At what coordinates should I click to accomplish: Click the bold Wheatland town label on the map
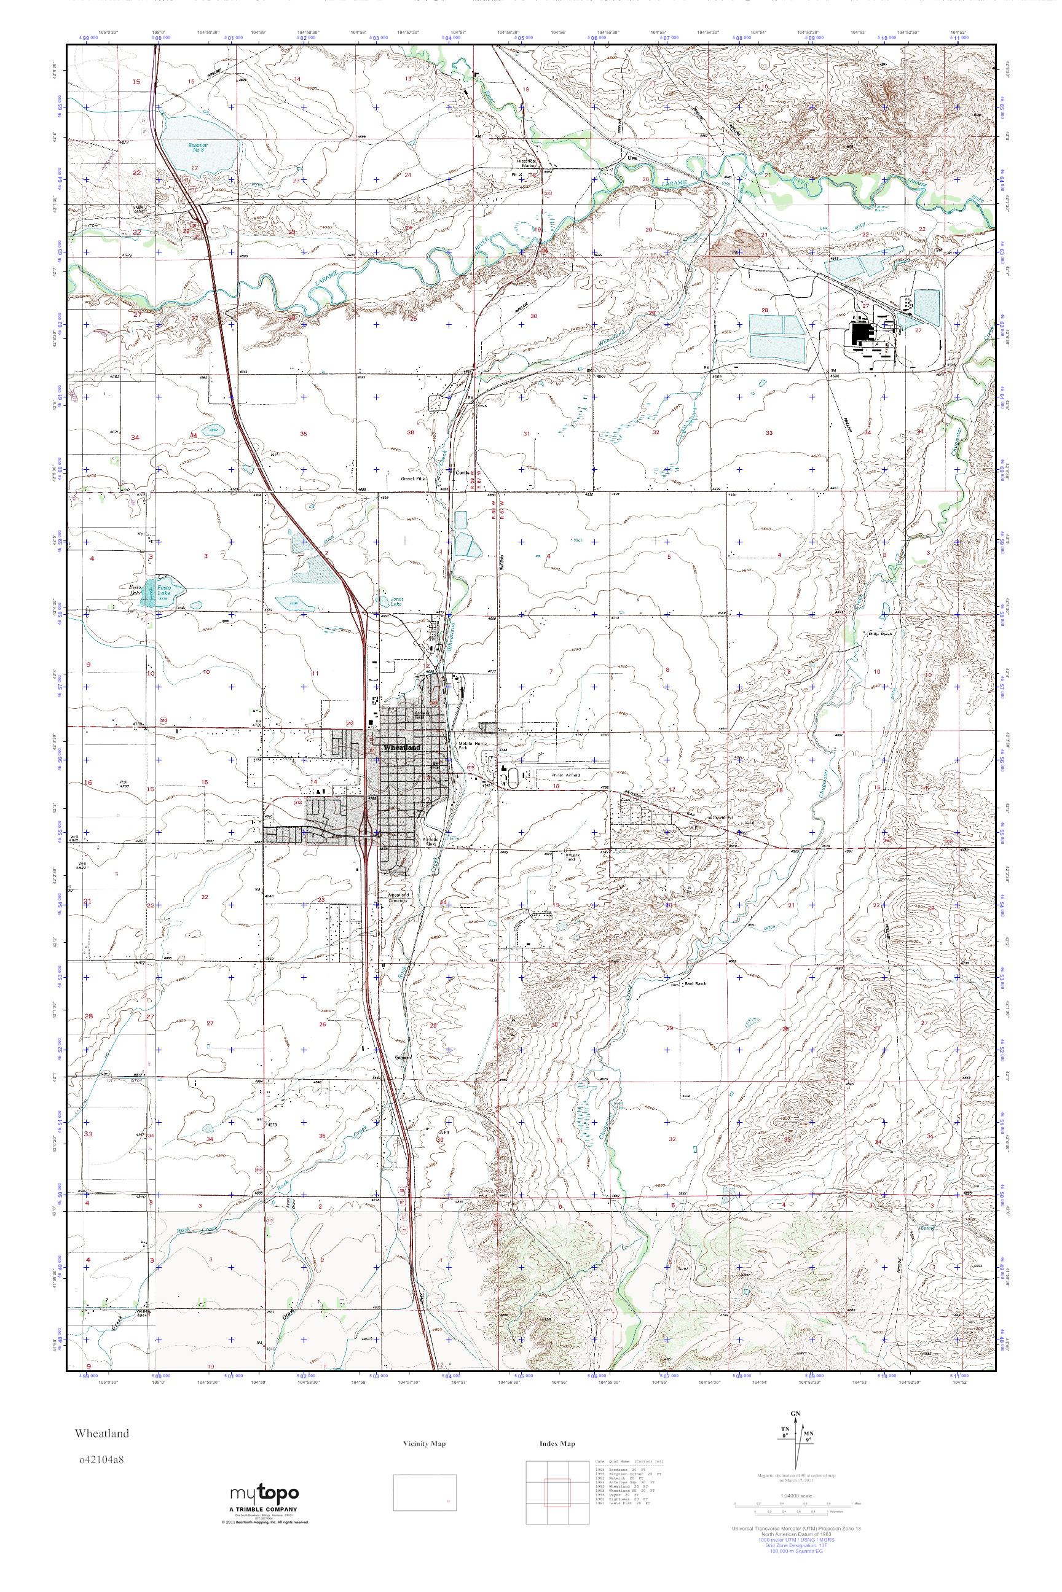(403, 747)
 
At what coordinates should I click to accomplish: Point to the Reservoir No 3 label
(197, 146)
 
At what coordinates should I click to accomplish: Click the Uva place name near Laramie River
(633, 158)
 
